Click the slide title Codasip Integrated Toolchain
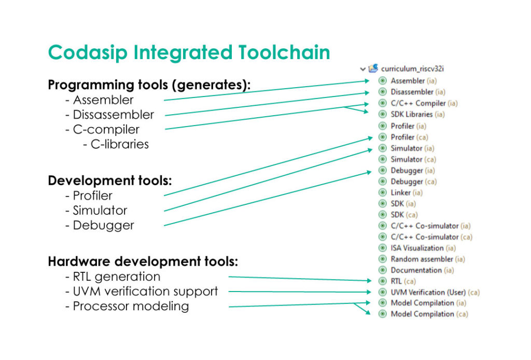point(189,53)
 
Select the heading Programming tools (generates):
point(149,85)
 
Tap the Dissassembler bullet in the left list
point(113,115)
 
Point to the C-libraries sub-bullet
point(119,144)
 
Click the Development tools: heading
point(109,181)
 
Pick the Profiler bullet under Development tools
point(92,196)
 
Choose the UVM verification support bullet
point(145,292)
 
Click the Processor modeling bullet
point(131,306)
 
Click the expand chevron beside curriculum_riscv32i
point(362,68)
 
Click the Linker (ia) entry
point(407,192)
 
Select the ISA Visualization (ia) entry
point(423,248)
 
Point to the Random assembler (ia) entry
point(427,259)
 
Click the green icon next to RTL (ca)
point(383,281)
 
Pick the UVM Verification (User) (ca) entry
point(435,292)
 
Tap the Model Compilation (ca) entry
point(429,314)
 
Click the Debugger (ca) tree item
point(413,182)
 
